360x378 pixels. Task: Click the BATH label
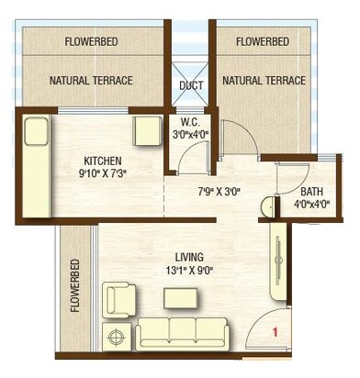pos(311,193)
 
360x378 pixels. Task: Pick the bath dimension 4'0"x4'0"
pos(311,206)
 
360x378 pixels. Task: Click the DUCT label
pos(191,85)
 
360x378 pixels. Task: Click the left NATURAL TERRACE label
pos(91,81)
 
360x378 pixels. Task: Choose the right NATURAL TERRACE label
pos(264,81)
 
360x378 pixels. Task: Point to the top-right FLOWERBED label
pos(264,42)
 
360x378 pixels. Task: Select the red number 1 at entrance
pos(273,333)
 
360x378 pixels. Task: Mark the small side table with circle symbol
pos(117,338)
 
